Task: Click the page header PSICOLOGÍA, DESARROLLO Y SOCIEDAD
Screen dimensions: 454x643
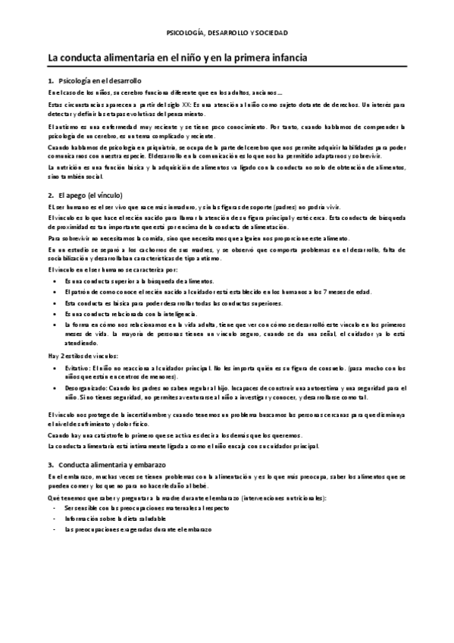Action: pos(227,33)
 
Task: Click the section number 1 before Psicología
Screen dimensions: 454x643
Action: pos(49,80)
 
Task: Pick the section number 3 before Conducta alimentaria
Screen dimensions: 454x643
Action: pos(49,464)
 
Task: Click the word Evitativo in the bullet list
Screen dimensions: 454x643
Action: pos(77,367)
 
